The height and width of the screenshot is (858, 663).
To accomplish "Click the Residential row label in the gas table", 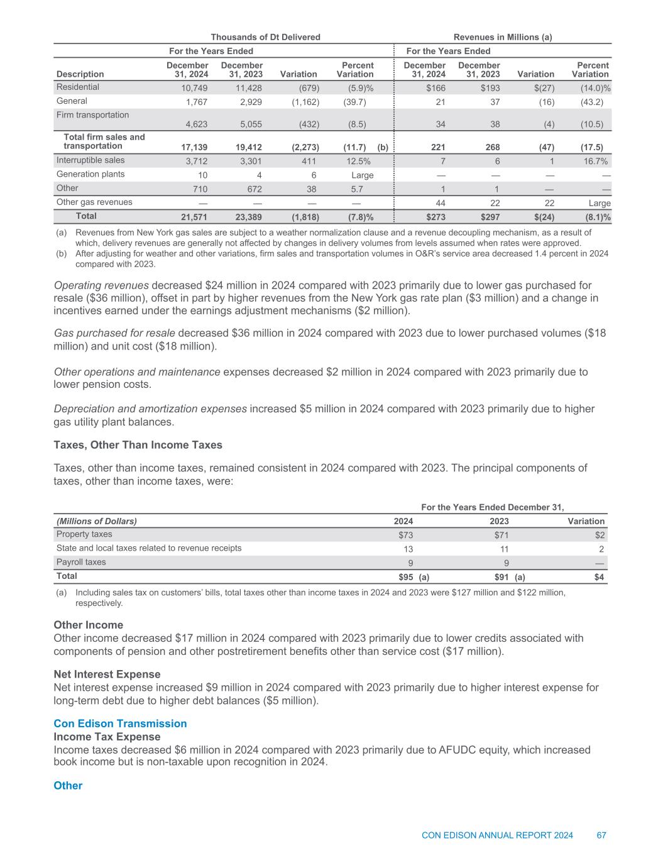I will point(78,87).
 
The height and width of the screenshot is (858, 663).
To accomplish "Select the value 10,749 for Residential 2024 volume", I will point(194,89).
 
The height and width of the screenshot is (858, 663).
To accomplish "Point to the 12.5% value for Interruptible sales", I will point(358,162).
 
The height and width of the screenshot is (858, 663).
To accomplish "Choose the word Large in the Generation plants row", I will point(363,175).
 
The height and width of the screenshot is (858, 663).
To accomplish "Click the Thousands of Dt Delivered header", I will point(265,37).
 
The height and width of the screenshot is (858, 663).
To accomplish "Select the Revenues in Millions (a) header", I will point(503,37).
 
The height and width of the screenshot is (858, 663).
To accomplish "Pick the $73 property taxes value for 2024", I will point(406,536).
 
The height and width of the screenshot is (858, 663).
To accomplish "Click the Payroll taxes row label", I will point(81,562).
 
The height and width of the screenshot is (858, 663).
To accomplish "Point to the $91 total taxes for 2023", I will point(501,577).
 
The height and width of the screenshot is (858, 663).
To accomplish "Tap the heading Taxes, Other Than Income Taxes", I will point(138,445).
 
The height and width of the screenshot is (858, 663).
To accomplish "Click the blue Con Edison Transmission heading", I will point(120,723).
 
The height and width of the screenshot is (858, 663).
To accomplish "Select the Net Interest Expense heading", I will point(107,674).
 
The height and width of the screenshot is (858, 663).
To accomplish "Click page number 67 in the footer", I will point(601,835).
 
